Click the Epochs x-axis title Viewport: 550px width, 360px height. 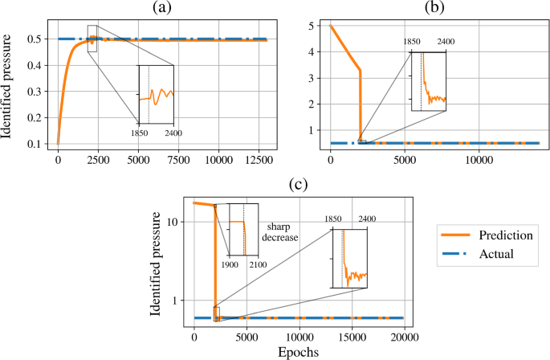[x=299, y=351]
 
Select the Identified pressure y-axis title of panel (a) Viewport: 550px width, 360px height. [x=8, y=81]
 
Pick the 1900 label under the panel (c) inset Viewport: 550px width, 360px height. [x=229, y=265]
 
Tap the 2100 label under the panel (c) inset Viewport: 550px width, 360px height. [x=258, y=265]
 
